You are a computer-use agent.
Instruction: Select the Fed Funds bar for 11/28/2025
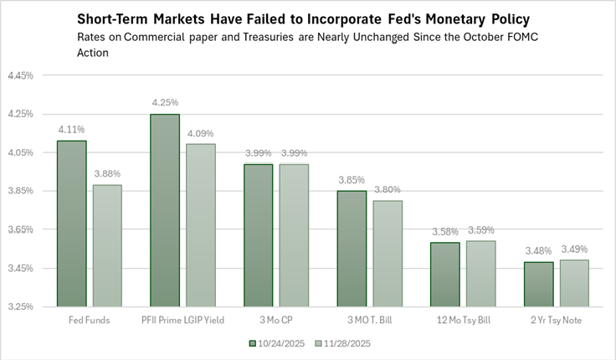[106, 245]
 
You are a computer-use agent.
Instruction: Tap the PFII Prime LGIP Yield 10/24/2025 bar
[165, 210]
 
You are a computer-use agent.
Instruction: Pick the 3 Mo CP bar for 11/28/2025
[293, 235]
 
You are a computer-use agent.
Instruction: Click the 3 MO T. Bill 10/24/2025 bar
[352, 249]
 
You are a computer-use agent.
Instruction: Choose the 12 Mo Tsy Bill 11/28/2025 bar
[480, 274]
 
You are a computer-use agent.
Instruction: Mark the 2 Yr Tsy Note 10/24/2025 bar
[538, 284]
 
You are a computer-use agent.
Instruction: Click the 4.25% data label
[165, 103]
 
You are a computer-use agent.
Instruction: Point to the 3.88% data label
[106, 173]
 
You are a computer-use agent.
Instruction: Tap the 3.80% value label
[387, 189]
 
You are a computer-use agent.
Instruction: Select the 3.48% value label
[538, 251]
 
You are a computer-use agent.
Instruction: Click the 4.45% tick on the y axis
[20, 75]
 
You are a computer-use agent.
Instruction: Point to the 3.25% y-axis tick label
[20, 306]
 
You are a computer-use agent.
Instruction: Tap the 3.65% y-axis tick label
[20, 229]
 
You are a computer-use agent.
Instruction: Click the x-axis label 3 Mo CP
[275, 321]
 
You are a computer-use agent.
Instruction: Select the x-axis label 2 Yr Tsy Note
[556, 321]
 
